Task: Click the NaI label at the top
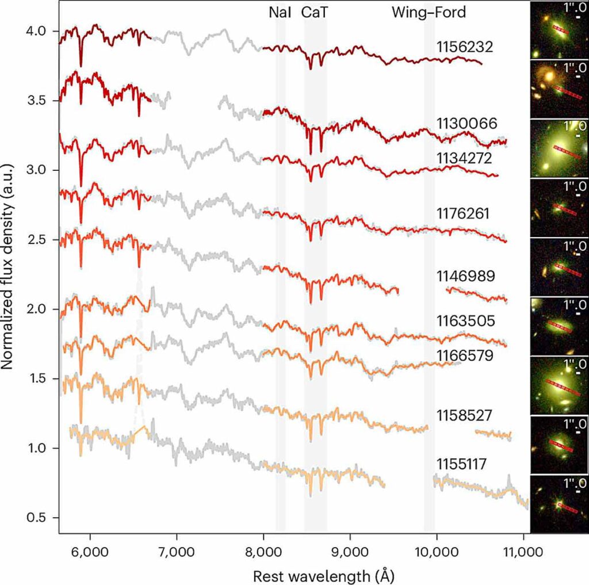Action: click(280, 13)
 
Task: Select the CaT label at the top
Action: click(315, 13)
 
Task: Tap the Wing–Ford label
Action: click(429, 13)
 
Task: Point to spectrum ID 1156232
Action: click(464, 47)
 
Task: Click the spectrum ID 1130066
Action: click(466, 123)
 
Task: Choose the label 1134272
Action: click(464, 158)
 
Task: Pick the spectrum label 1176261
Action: click(463, 214)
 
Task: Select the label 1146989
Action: click(465, 276)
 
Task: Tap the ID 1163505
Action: click(465, 321)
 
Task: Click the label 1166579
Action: click(465, 355)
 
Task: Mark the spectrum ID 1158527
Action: click(464, 415)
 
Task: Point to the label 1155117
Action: click(461, 464)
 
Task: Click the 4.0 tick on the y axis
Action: click(36, 31)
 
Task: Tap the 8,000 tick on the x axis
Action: click(263, 552)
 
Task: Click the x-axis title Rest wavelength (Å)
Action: click(324, 576)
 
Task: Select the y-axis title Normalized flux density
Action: click(7, 266)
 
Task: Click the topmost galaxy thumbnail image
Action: click(559, 30)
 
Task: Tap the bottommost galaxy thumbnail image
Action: click(559, 504)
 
